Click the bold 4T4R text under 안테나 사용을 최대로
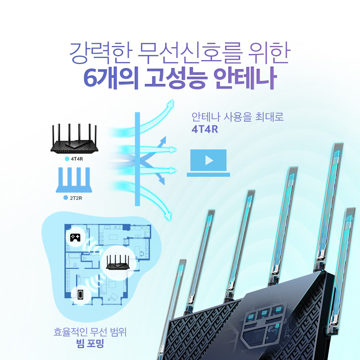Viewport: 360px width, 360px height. tap(204, 129)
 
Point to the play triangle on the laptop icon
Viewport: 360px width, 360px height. tap(209, 160)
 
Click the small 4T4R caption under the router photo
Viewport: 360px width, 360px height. tap(77, 159)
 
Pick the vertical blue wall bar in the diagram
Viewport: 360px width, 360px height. tap(137, 159)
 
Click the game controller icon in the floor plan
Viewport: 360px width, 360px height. tap(75, 237)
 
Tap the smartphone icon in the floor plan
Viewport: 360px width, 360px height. tap(80, 294)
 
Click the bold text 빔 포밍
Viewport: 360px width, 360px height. tap(90, 343)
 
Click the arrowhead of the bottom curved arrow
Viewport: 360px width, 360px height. tap(168, 217)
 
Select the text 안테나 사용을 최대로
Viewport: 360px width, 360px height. tap(238, 117)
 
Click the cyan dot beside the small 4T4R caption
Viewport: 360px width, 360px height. tap(67, 159)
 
